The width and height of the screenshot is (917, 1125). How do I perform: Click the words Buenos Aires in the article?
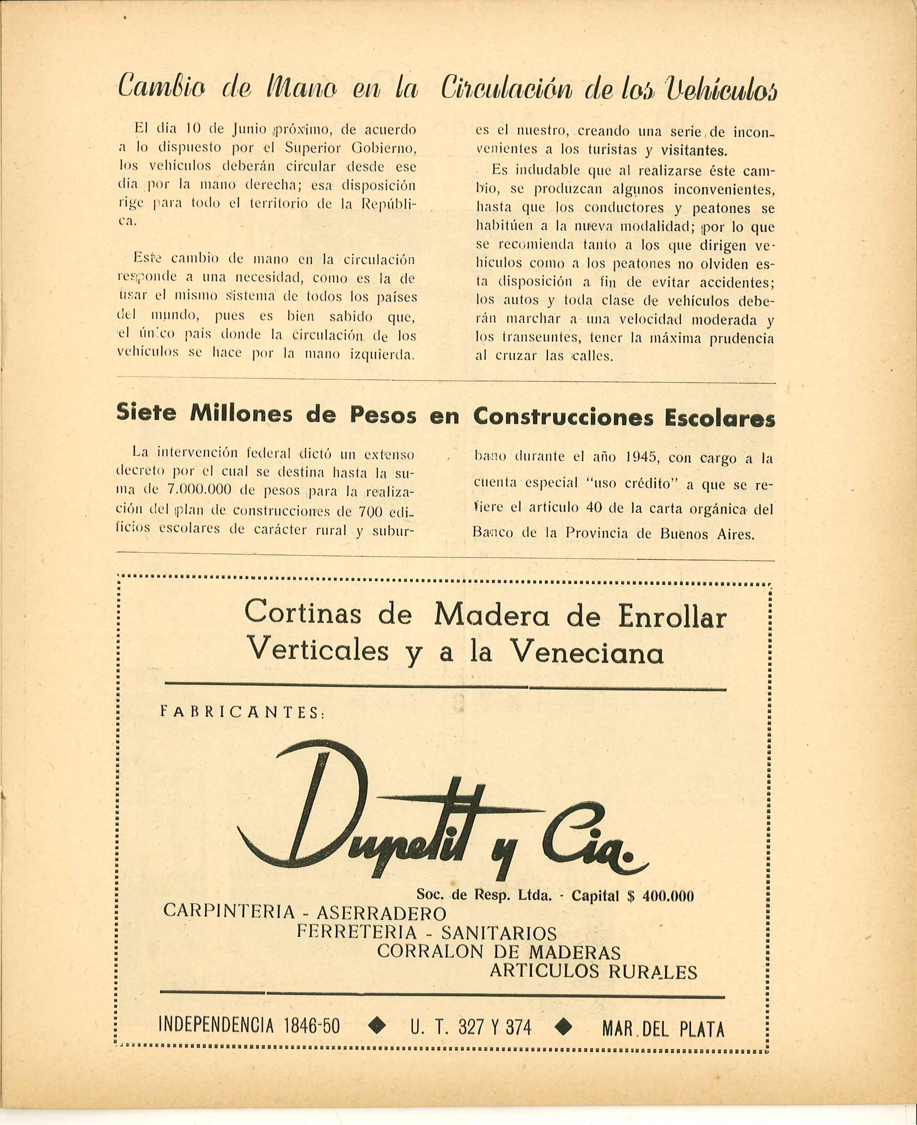point(707,534)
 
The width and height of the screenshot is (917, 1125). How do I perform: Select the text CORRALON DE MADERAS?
point(499,952)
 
